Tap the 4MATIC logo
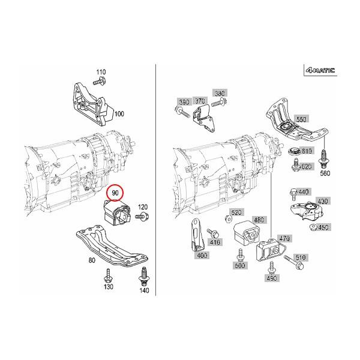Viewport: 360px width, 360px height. coord(320,71)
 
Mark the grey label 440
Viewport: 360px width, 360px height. coord(303,191)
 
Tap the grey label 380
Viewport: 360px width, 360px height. coord(220,94)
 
